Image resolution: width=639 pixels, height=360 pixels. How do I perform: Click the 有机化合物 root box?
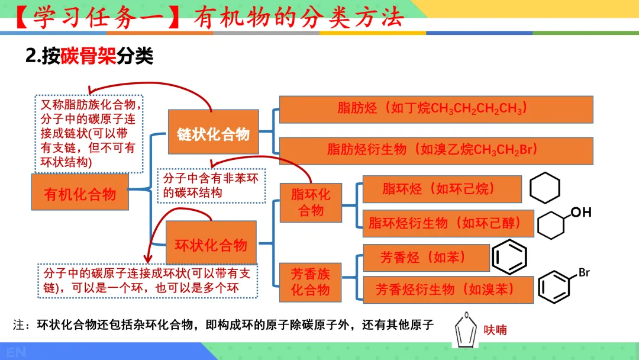(x=80, y=192)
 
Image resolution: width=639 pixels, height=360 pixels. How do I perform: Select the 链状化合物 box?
(x=213, y=134)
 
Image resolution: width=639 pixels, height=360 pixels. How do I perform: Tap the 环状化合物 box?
(x=211, y=243)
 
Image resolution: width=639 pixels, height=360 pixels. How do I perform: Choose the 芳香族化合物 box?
(x=311, y=282)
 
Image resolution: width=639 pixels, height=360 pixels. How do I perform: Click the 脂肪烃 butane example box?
(x=435, y=109)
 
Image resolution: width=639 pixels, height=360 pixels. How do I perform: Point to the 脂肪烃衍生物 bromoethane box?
(x=435, y=150)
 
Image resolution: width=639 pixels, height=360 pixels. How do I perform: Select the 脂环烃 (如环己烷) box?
(x=441, y=189)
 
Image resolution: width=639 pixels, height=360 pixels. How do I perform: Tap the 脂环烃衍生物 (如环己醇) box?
(x=447, y=223)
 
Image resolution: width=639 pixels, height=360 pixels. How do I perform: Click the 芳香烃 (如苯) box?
(x=426, y=258)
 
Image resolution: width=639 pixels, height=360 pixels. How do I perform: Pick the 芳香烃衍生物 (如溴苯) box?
(x=447, y=290)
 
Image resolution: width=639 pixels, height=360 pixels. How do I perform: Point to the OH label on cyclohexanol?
(x=580, y=212)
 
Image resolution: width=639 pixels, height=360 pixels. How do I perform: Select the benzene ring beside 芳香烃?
(x=509, y=257)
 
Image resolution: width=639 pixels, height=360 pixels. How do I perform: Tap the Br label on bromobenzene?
(x=584, y=273)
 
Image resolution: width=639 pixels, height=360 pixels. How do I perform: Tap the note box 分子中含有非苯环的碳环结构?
(x=211, y=185)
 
